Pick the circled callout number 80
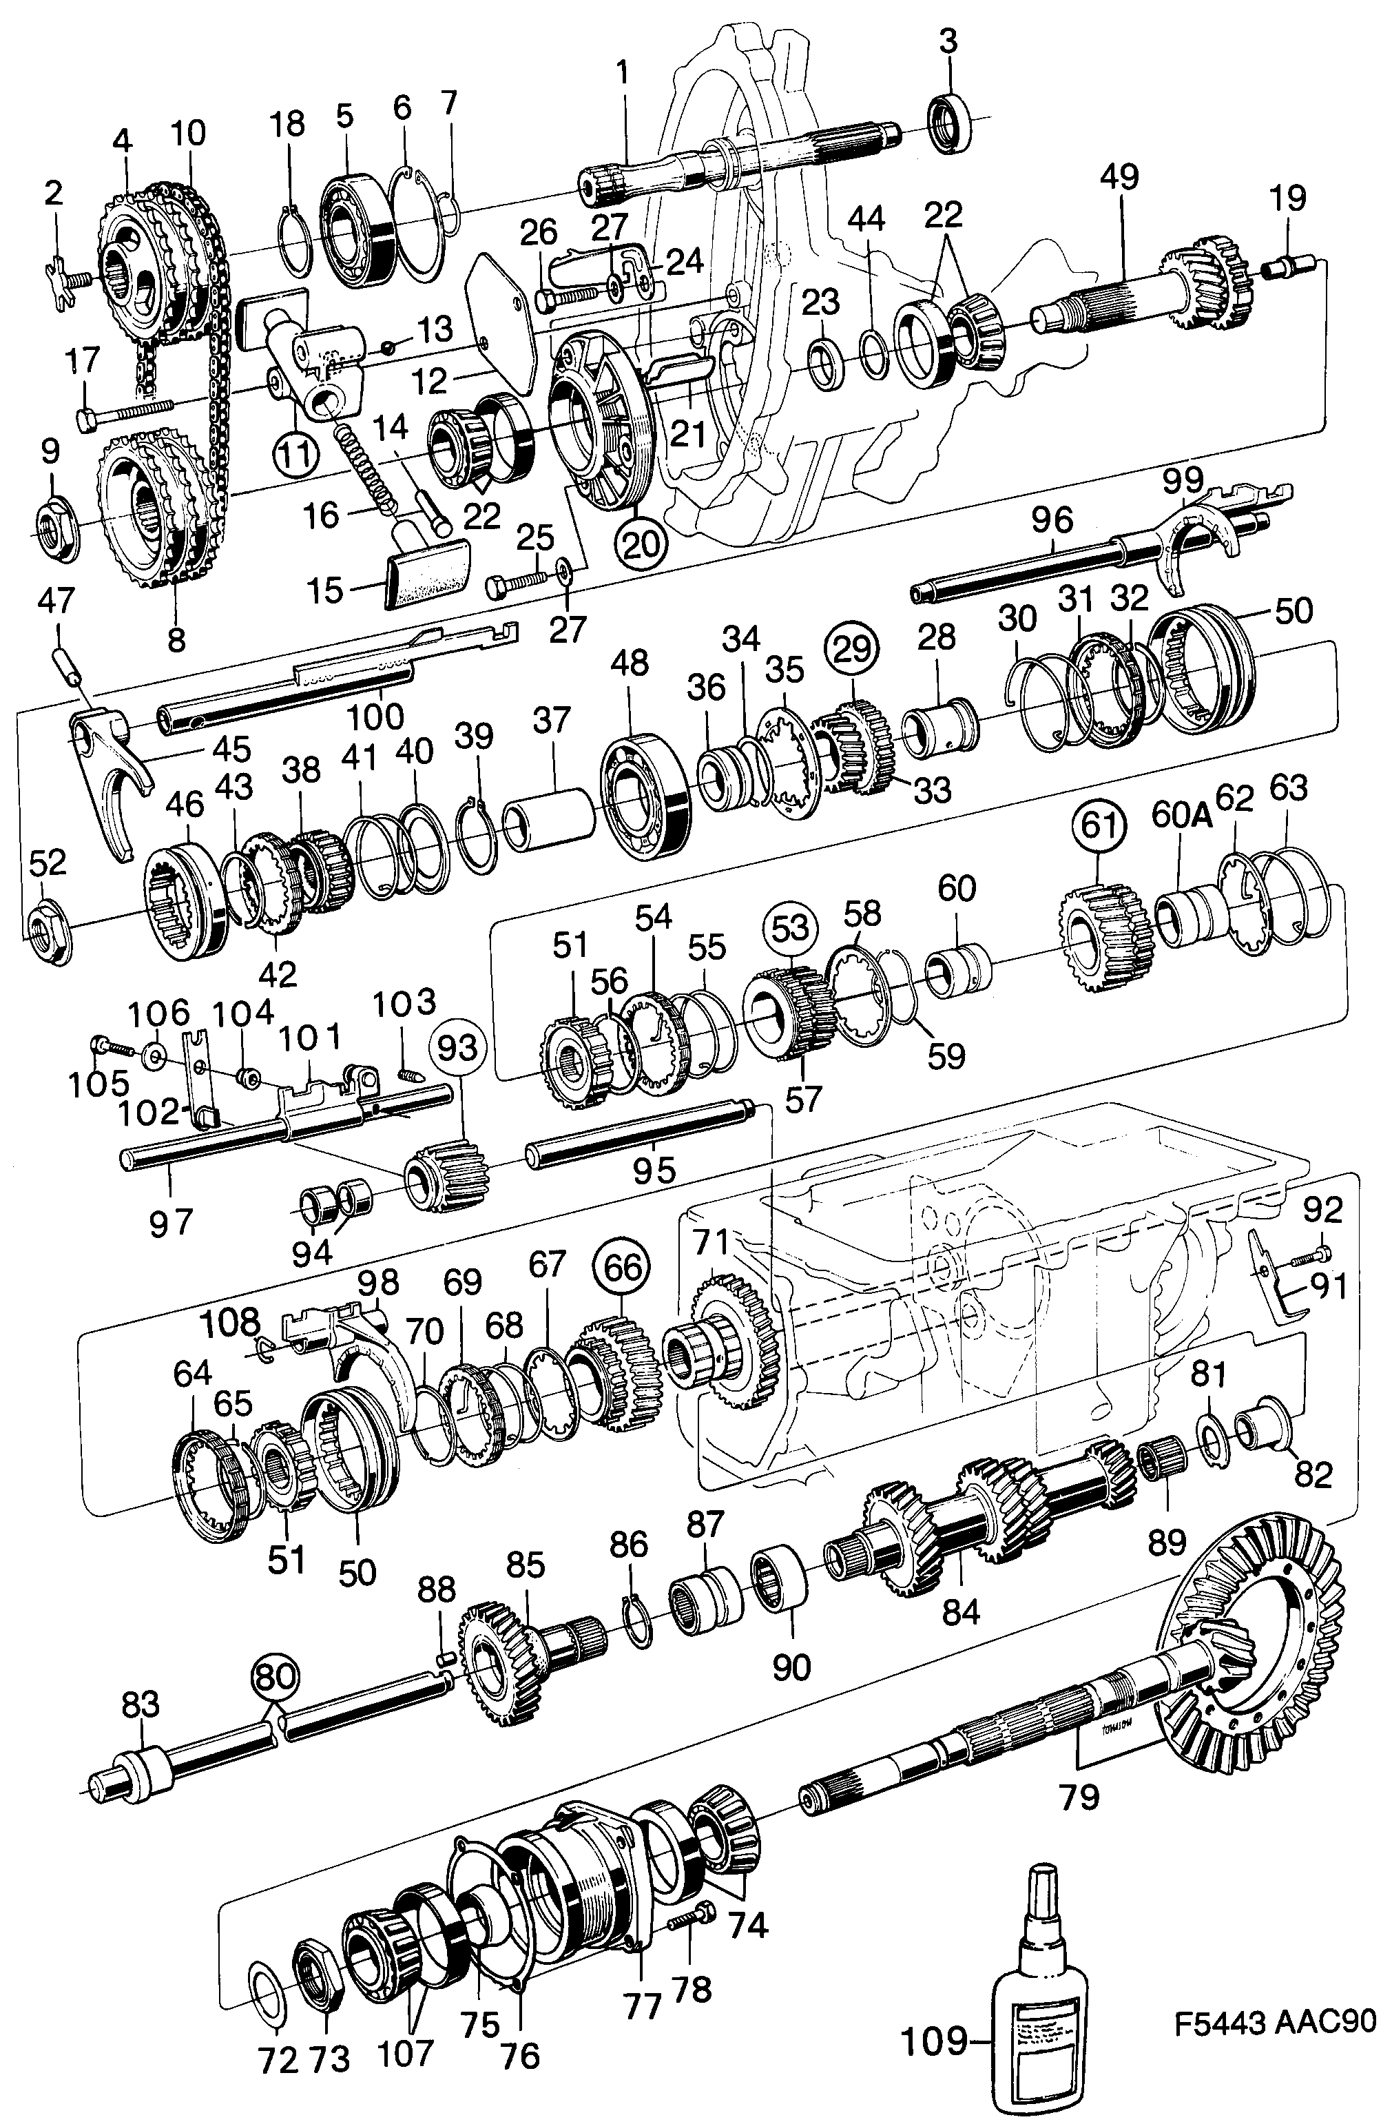tap(274, 1676)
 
